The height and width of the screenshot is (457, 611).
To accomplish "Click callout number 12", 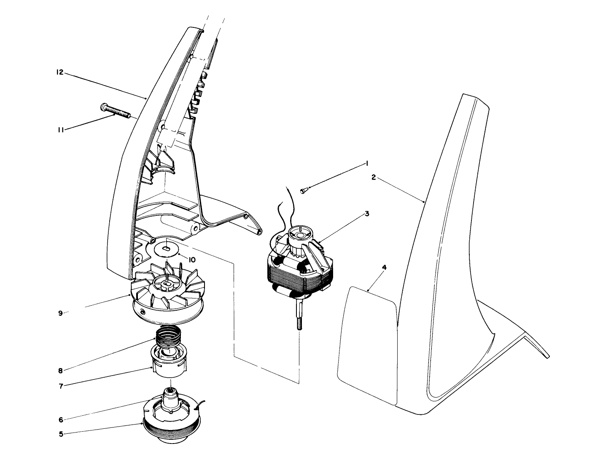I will [x=59, y=73].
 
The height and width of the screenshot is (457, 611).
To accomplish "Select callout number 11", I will [x=60, y=130].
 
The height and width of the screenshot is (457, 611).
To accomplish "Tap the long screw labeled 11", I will [x=115, y=110].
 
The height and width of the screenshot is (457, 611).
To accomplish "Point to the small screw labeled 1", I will [x=304, y=191].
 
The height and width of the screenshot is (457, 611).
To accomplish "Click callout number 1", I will [x=368, y=163].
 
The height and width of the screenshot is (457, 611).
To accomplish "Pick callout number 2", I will [x=374, y=177].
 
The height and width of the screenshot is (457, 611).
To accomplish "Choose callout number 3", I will [x=367, y=214].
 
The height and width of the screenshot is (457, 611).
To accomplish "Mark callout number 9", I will [x=60, y=313].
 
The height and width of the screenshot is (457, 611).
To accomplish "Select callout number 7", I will [x=61, y=386].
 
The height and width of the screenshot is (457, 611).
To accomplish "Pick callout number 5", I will [x=61, y=434].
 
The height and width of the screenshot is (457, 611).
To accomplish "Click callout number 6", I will [x=61, y=420].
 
